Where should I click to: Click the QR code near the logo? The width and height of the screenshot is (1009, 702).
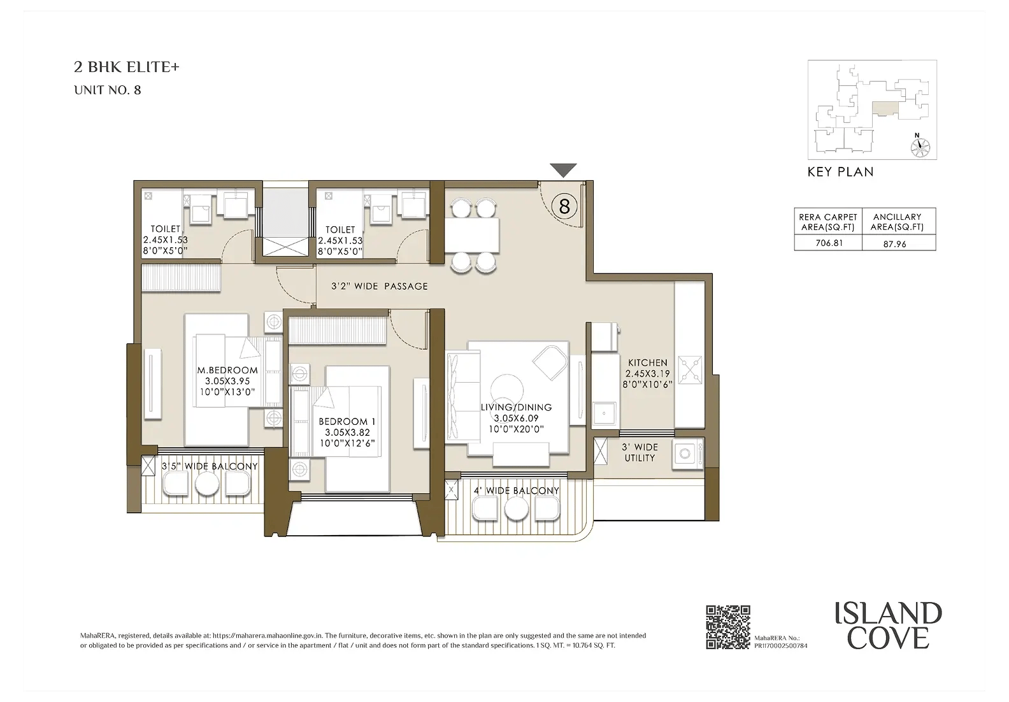pyautogui.click(x=728, y=627)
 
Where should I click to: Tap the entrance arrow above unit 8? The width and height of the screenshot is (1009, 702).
pyautogui.click(x=564, y=170)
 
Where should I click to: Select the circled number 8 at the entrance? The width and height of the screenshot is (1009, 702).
pyautogui.click(x=564, y=206)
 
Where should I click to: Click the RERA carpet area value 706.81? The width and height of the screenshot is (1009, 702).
pyautogui.click(x=829, y=243)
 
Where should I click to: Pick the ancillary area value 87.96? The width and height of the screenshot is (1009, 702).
pyautogui.click(x=894, y=244)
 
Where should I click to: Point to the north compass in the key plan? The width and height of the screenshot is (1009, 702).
pyautogui.click(x=920, y=145)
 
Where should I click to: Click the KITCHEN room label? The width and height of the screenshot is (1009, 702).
pyautogui.click(x=648, y=362)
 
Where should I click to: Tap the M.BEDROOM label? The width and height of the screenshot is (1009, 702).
pyautogui.click(x=227, y=370)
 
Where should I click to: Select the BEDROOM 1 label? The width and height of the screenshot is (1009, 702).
pyautogui.click(x=347, y=422)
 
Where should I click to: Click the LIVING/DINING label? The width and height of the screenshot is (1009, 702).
pyautogui.click(x=516, y=407)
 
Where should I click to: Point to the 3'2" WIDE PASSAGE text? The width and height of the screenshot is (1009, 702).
pyautogui.click(x=379, y=286)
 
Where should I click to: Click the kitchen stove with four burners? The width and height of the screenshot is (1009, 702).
pyautogui.click(x=690, y=370)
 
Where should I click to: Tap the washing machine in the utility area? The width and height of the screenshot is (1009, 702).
pyautogui.click(x=687, y=454)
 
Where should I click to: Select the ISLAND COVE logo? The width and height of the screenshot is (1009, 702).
pyautogui.click(x=888, y=625)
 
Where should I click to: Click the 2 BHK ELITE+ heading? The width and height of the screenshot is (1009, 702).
pyautogui.click(x=127, y=67)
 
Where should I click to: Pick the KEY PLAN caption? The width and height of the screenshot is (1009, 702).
pyautogui.click(x=841, y=172)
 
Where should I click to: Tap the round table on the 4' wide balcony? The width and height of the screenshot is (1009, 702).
pyautogui.click(x=516, y=510)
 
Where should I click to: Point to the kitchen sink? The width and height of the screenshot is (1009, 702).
pyautogui.click(x=604, y=413)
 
